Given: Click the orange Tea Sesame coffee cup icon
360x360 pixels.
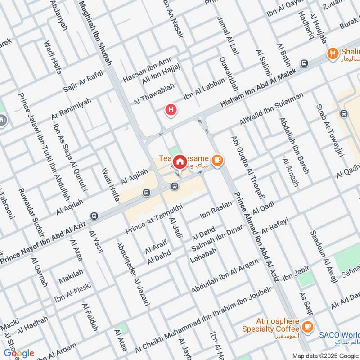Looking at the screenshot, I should pos(217,160).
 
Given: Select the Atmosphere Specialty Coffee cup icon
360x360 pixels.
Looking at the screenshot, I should pos(308,325).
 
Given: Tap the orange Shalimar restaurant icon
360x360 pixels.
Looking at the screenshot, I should pos(333,53).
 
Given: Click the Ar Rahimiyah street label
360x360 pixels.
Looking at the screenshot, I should pos(71,108).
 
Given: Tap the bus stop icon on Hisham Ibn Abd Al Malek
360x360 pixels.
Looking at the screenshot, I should pos(305,63).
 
